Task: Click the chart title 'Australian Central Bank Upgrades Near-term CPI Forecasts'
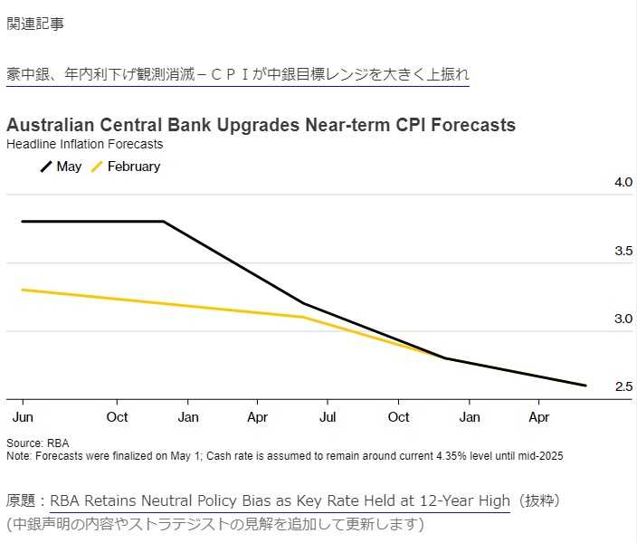(x=261, y=125)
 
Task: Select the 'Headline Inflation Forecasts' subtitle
(x=84, y=143)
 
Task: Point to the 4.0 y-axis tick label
(x=623, y=182)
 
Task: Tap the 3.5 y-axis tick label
(x=623, y=251)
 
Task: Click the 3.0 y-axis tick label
(x=623, y=319)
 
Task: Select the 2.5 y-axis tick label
(x=623, y=387)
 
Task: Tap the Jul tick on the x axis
(x=328, y=417)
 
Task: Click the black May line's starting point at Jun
(x=22, y=221)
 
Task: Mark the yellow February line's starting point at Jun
(x=22, y=290)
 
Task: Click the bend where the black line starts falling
(x=164, y=221)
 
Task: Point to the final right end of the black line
(x=585, y=386)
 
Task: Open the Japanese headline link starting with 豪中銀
(x=238, y=74)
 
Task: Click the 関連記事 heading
(x=35, y=24)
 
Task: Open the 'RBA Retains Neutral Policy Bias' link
(x=280, y=500)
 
